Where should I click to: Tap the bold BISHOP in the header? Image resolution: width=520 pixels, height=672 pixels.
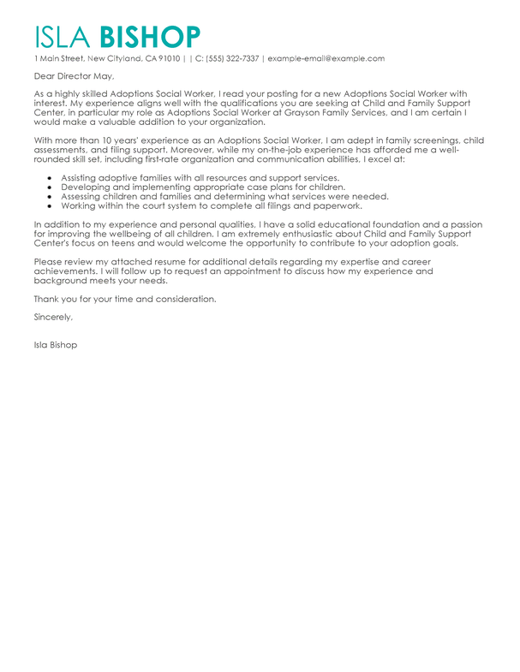(151, 37)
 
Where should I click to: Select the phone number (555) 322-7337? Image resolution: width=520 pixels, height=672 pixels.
(231, 59)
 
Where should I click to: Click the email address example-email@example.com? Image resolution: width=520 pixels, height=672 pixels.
(326, 59)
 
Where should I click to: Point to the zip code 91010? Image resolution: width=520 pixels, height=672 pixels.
(167, 59)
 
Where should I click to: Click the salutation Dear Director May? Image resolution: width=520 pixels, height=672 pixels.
(73, 77)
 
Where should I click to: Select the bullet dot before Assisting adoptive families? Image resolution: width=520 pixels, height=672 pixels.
(51, 178)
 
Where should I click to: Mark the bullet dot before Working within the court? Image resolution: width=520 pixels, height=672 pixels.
(51, 206)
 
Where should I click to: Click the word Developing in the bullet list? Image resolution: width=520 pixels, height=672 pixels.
(86, 187)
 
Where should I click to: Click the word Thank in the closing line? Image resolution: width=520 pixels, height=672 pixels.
(46, 299)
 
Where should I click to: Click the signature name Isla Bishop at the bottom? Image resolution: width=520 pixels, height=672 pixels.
(56, 345)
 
